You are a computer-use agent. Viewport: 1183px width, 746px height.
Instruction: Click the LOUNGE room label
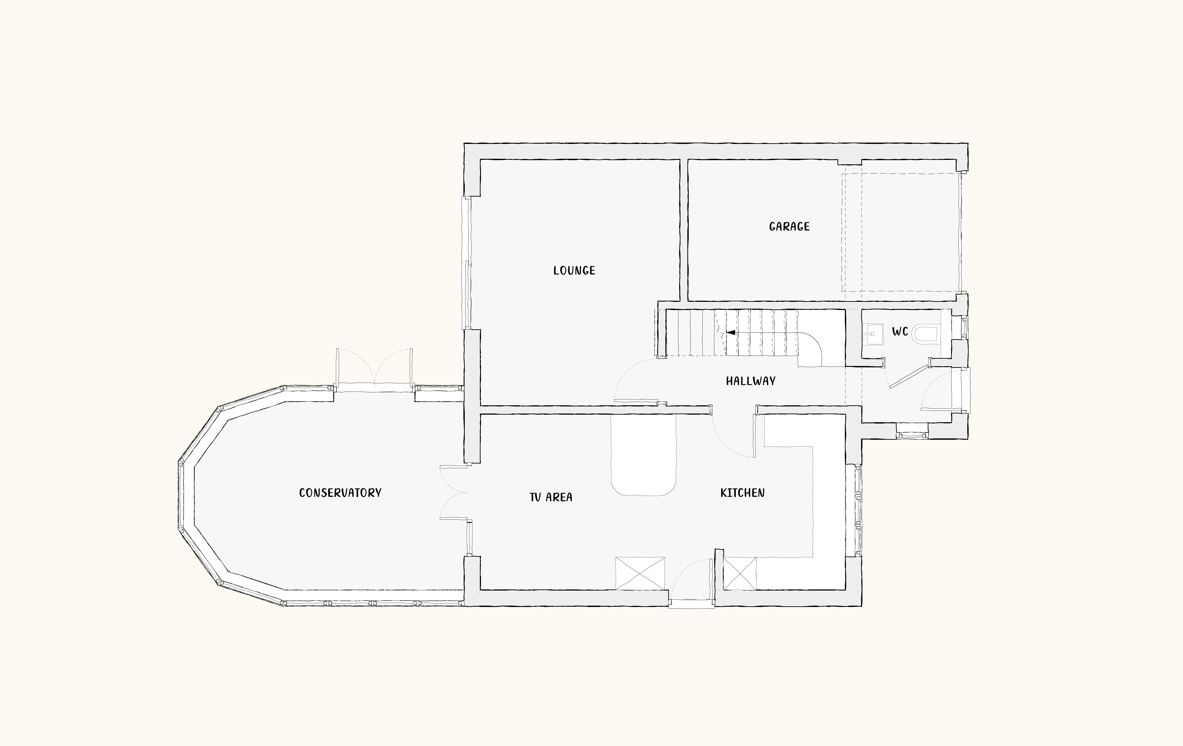(574, 271)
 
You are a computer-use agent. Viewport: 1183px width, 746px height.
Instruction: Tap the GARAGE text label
(789, 226)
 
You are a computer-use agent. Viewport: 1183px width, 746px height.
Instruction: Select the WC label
(900, 332)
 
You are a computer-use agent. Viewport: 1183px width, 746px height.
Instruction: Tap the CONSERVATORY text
(340, 493)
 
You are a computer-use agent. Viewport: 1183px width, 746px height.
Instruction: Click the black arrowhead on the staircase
(730, 332)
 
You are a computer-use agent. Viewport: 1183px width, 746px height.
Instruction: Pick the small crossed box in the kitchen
(739, 573)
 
